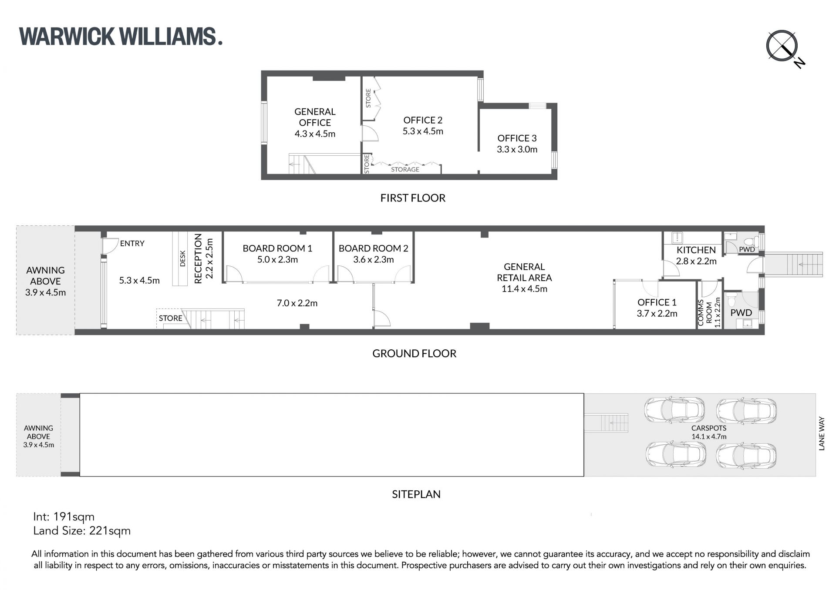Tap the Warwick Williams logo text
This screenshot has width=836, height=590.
[121, 37]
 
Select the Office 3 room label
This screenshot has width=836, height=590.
[517, 144]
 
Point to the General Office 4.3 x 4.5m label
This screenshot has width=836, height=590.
[315, 123]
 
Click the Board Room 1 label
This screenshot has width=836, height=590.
[277, 254]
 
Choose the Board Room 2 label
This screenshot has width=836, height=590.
[374, 254]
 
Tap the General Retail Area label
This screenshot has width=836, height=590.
[524, 278]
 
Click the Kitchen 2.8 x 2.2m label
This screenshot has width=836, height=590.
[696, 255]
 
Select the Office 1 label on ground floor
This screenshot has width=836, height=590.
[657, 308]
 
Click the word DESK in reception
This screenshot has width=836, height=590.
[183, 258]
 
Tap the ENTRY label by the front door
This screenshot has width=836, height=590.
[132, 244]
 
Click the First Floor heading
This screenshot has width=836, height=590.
[413, 198]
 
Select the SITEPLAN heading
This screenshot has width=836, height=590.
[416, 494]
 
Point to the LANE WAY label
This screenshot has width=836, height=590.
[822, 433]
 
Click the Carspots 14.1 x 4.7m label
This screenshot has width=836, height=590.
[709, 432]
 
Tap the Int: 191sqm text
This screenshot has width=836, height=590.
[64, 517]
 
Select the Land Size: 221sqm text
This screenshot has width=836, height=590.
[82, 531]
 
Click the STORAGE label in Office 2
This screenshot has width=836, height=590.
[405, 170]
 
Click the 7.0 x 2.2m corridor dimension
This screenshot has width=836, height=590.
[297, 303]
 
